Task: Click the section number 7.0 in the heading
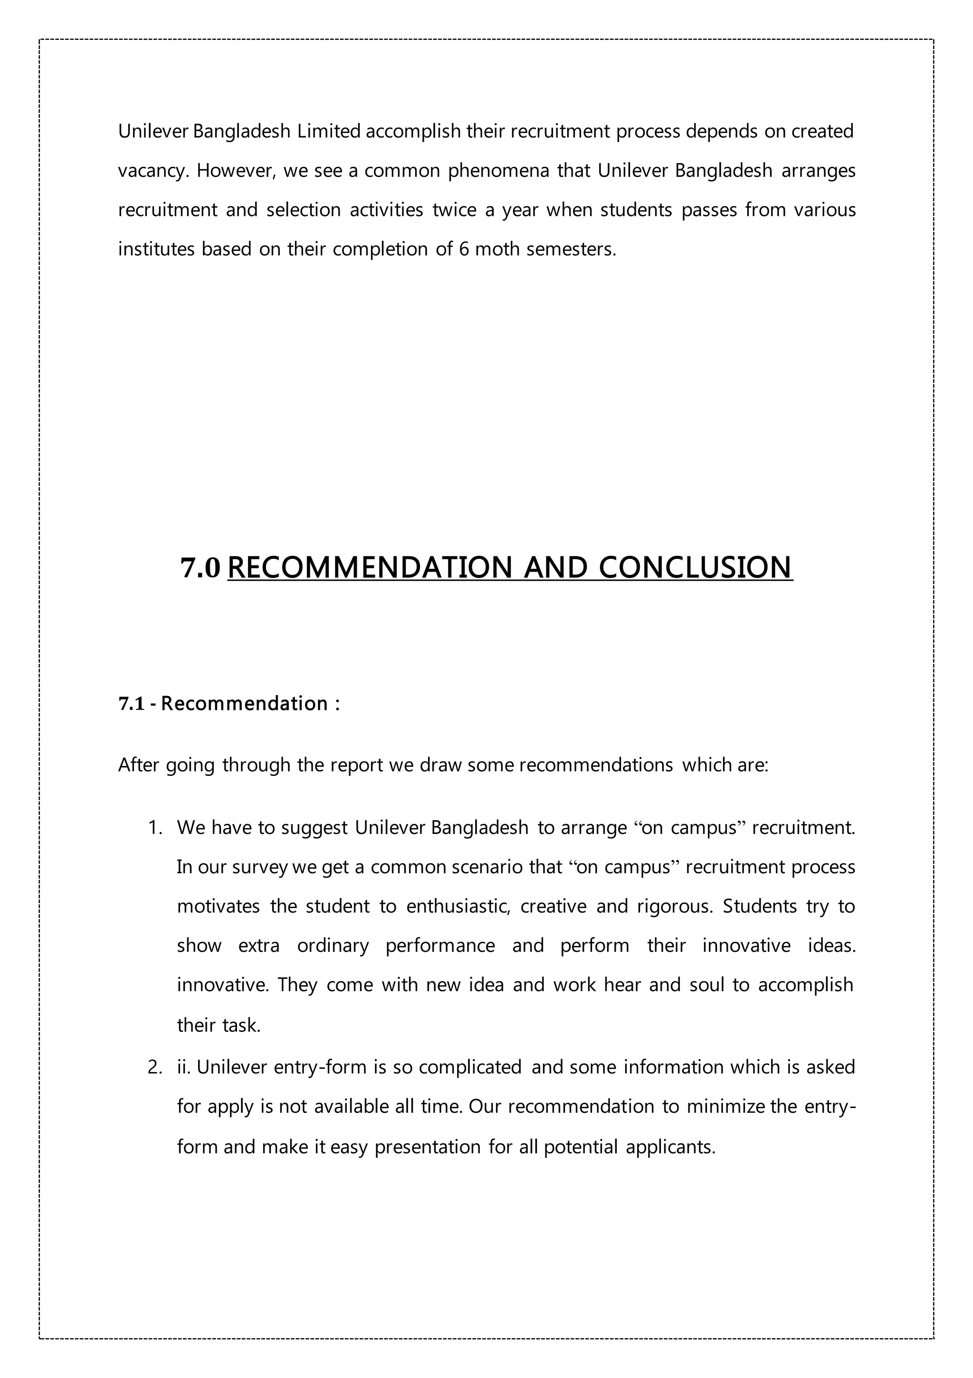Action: pyautogui.click(x=200, y=568)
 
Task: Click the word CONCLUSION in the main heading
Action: pyautogui.click(x=696, y=568)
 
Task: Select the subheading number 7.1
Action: pyautogui.click(x=132, y=703)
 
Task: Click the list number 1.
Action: pyautogui.click(x=154, y=828)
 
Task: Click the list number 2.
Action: pyautogui.click(x=154, y=1067)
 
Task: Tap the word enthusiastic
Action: pyautogui.click(x=458, y=906)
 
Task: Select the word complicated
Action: pyautogui.click(x=470, y=1067)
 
